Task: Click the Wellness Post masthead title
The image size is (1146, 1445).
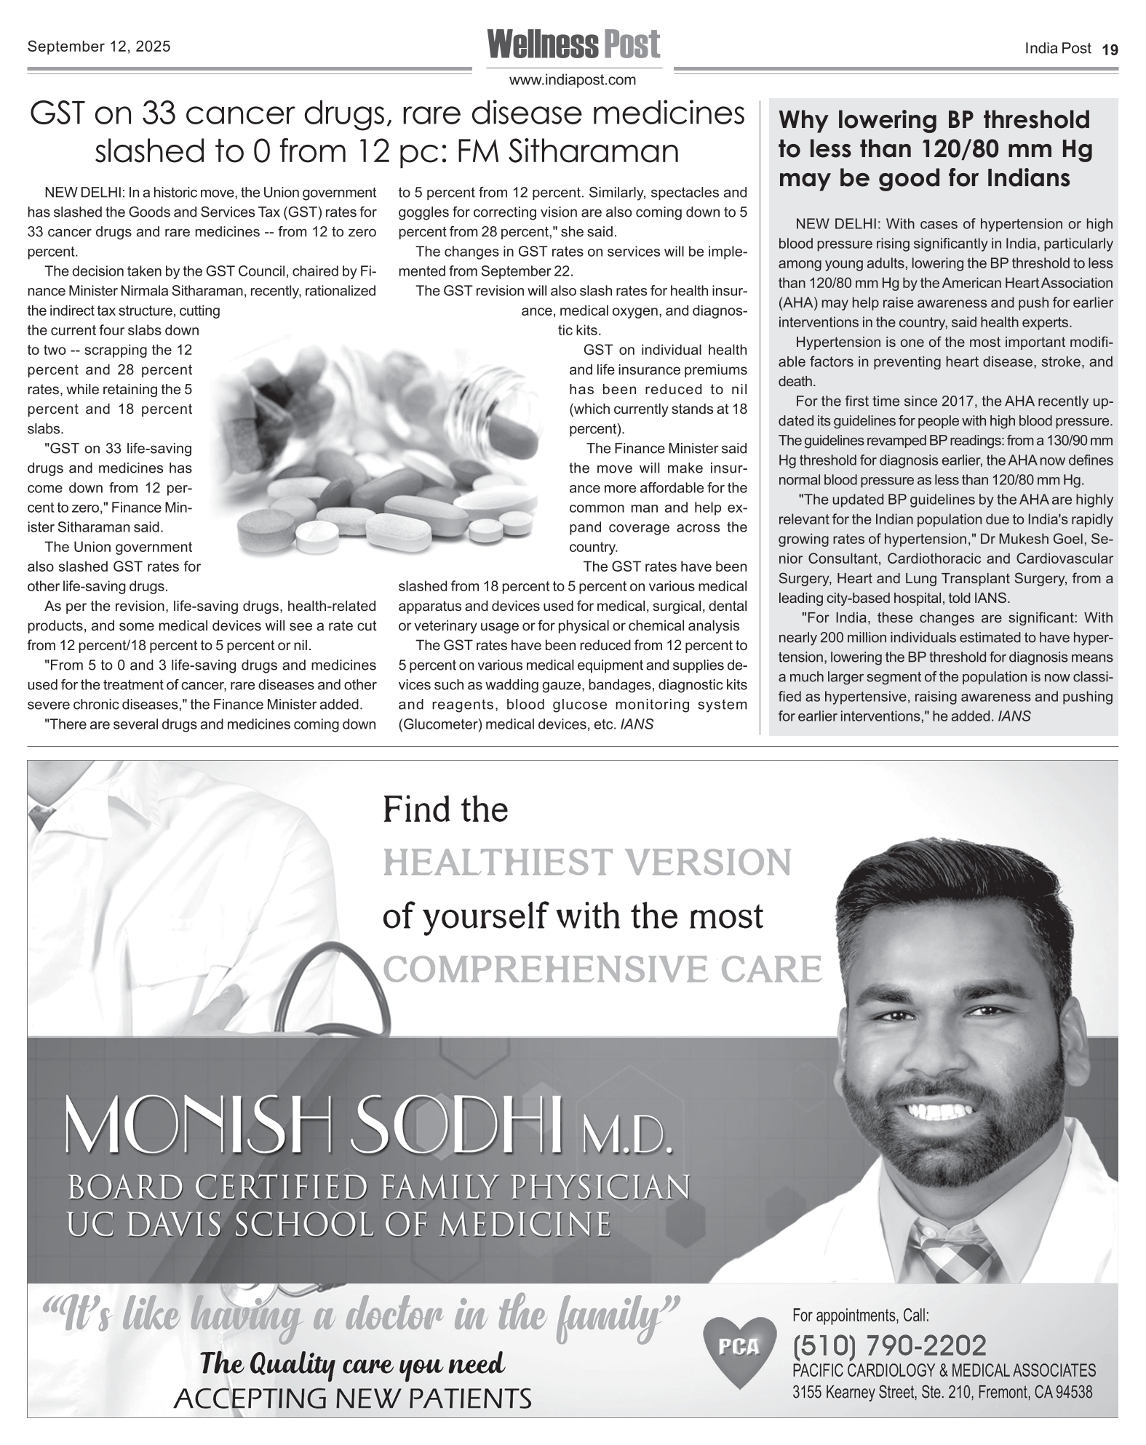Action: [573, 44]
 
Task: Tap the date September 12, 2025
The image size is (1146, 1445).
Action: [99, 47]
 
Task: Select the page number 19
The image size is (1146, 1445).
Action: [1110, 49]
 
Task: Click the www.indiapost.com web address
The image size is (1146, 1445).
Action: [573, 80]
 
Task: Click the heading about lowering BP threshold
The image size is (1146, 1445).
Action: [935, 148]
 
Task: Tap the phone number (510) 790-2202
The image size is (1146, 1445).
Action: [889, 1345]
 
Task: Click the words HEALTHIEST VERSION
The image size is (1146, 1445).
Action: [586, 862]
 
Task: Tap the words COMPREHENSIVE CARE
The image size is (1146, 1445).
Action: [602, 969]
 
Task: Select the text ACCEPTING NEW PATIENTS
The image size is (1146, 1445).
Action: [352, 1398]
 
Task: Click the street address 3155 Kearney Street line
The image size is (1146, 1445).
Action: [942, 1393]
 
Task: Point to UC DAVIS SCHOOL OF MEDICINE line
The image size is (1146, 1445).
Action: [338, 1225]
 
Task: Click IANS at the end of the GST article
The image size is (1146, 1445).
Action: [636, 724]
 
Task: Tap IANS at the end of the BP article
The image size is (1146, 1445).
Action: [1014, 716]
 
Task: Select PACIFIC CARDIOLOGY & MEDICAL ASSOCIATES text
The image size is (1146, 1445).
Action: [943, 1370]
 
